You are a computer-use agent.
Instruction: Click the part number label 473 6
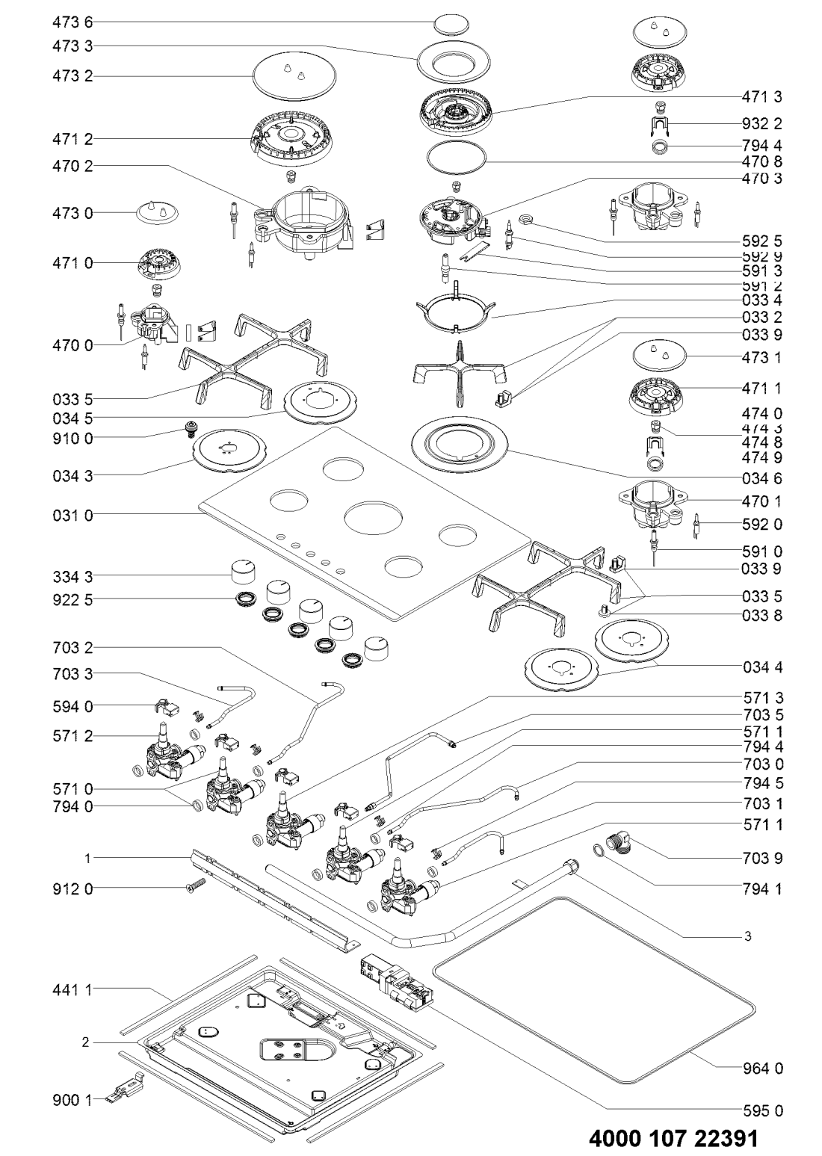[72, 22]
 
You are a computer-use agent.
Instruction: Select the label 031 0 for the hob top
[72, 515]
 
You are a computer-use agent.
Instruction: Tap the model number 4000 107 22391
[673, 1138]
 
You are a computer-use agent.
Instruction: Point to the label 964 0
[763, 1069]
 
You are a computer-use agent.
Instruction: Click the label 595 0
[763, 1110]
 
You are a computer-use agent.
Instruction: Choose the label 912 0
[72, 888]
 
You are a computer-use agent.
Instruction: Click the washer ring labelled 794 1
[599, 850]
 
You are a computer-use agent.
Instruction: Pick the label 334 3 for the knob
[72, 576]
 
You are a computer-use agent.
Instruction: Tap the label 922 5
[72, 599]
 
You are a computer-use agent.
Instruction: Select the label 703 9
[763, 859]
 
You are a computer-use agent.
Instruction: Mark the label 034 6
[763, 476]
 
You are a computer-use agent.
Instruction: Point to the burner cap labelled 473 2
[292, 76]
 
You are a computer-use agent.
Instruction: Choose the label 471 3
[763, 96]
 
